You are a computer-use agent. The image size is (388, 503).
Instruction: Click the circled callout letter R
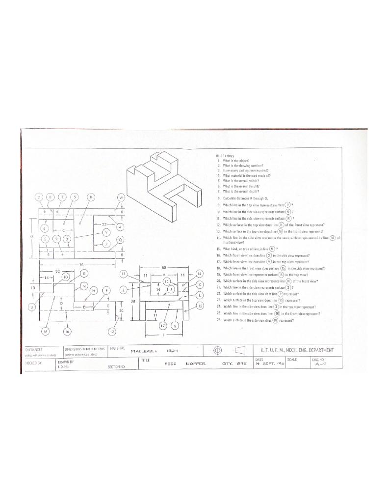[90, 197]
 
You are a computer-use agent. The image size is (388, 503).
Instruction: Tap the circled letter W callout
[121, 197]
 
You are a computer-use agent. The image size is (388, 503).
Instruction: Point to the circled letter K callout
[84, 273]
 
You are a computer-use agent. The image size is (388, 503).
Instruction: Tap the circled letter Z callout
[124, 290]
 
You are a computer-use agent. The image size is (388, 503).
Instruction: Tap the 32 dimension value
[57, 272]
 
